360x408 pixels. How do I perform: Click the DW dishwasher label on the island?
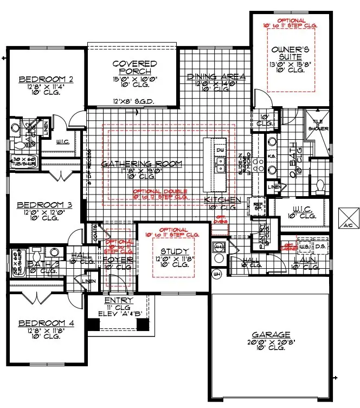(220, 150)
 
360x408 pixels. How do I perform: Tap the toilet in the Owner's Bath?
(319, 186)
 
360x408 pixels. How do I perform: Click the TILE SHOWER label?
(316, 126)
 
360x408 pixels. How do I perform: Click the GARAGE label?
(271, 334)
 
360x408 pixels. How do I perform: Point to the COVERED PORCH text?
(134, 68)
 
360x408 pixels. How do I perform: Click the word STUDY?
(174, 251)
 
